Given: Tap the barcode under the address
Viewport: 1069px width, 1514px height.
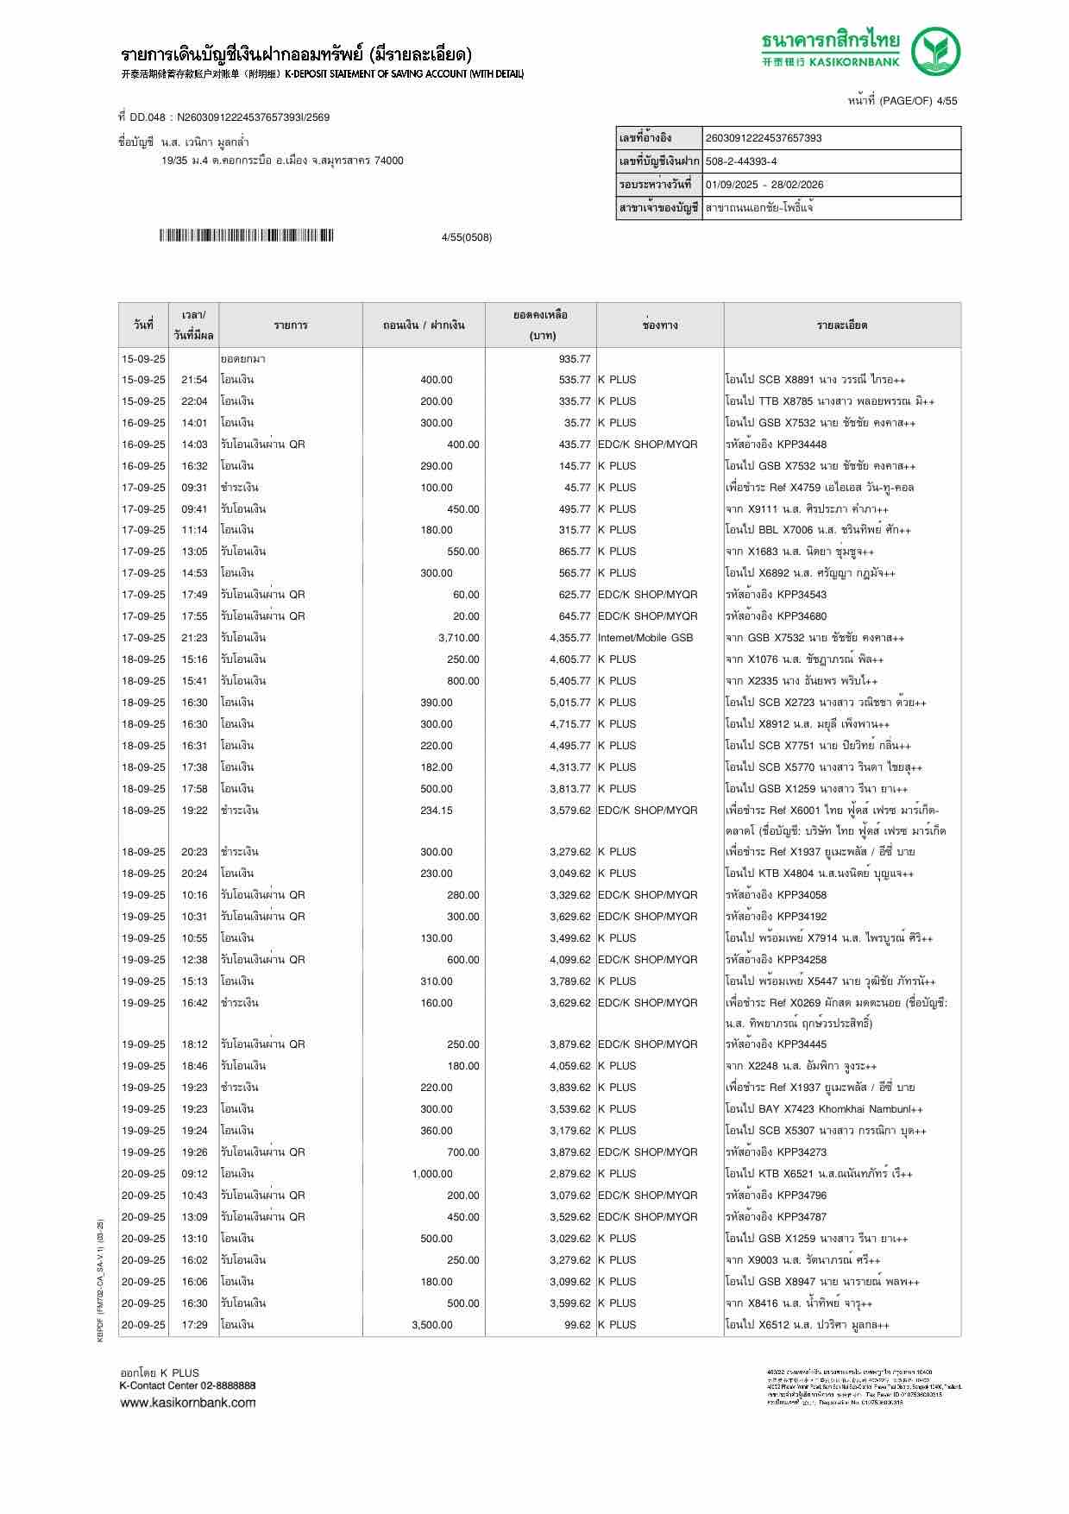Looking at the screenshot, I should (x=246, y=236).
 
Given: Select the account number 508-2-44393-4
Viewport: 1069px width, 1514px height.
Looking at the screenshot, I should (x=741, y=161).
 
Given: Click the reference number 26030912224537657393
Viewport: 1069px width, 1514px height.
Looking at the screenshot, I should (x=764, y=138).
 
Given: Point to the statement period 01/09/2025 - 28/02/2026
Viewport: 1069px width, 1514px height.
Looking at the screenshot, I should (x=764, y=185).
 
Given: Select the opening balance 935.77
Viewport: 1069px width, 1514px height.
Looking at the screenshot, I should (x=575, y=359).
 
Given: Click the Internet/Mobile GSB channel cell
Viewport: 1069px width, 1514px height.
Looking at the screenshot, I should (x=645, y=638).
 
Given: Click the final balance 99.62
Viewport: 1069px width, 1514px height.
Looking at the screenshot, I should (x=577, y=1325).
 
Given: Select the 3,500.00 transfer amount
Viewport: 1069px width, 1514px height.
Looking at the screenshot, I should (x=432, y=1325).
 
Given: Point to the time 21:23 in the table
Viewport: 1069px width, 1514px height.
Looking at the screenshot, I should (x=194, y=638).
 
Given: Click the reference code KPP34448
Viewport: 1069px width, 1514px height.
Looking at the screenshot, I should (x=802, y=445).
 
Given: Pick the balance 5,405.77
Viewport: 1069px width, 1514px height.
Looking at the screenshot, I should (x=570, y=681).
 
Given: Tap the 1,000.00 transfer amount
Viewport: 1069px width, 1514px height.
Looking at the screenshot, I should (x=432, y=1174).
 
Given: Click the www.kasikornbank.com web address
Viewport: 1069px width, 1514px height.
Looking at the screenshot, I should (x=187, y=1403).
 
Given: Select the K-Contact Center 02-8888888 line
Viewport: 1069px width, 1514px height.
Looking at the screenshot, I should (x=187, y=1385).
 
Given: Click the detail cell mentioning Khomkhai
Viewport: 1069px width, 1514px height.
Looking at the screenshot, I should (x=824, y=1109).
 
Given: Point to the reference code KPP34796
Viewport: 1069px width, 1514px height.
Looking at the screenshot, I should (x=802, y=1195).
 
